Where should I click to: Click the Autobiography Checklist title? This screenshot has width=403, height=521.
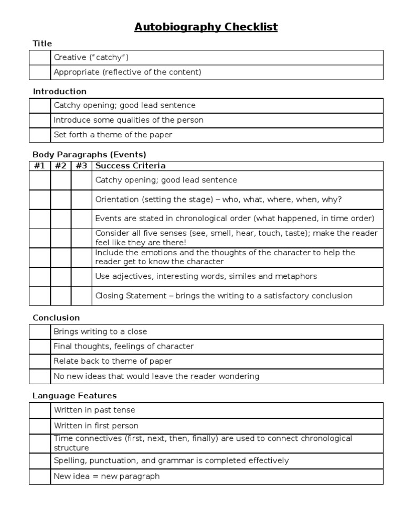click(x=206, y=27)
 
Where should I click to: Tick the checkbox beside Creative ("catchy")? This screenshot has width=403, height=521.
click(x=40, y=57)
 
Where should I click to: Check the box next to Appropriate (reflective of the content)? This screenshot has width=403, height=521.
click(x=40, y=72)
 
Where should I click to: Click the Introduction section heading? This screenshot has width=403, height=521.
click(x=59, y=91)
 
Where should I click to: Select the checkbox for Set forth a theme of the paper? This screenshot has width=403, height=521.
click(x=40, y=135)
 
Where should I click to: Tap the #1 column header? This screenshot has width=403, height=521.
click(x=40, y=166)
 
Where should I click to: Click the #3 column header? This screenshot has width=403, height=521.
click(x=81, y=166)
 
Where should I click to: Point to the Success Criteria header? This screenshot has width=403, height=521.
click(x=130, y=166)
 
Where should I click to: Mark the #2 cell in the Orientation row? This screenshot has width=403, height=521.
click(x=61, y=200)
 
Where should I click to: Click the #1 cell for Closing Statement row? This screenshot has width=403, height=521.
click(x=40, y=296)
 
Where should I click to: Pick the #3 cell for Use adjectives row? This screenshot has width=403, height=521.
click(x=81, y=276)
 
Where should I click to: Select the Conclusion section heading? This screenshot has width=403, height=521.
click(x=56, y=318)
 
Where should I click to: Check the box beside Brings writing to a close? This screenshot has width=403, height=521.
click(x=40, y=332)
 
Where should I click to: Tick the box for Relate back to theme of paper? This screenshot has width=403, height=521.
click(x=40, y=361)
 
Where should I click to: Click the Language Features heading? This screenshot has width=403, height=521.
click(x=75, y=395)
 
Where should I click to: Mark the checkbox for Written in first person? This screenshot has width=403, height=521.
click(x=40, y=426)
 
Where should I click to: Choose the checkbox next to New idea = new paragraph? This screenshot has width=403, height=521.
click(x=40, y=476)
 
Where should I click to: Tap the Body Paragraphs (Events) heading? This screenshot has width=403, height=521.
click(x=89, y=155)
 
